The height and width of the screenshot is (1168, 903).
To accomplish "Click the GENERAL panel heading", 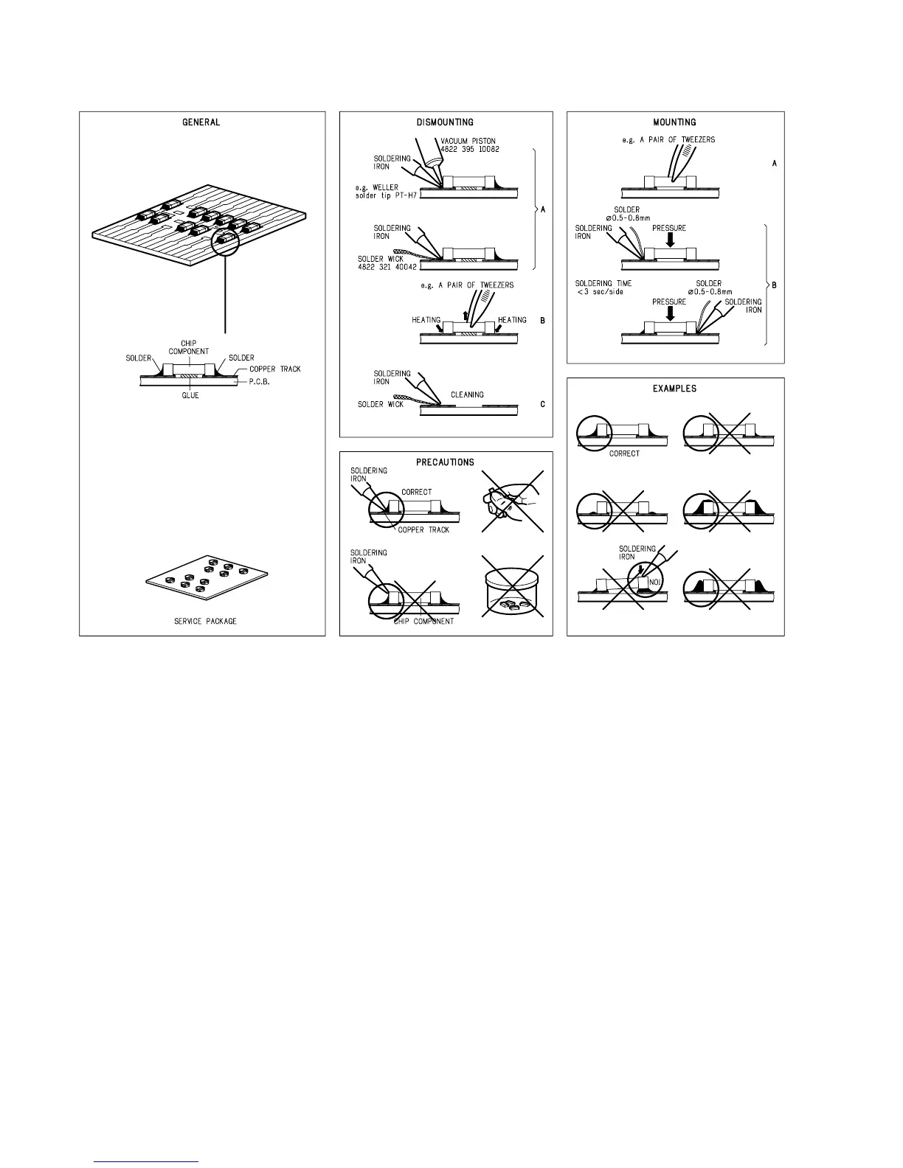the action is click(x=201, y=122).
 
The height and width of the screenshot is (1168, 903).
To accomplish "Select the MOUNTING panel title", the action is click(x=675, y=122).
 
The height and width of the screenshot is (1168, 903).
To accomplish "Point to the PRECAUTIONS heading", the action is click(x=446, y=462).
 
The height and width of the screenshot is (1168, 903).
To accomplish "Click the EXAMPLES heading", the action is click(x=675, y=389).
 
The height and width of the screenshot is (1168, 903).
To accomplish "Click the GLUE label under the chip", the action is click(x=190, y=395).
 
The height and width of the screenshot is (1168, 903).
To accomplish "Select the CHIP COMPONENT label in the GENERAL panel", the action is click(x=189, y=347).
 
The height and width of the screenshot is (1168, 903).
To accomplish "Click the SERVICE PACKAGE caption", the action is click(x=206, y=621).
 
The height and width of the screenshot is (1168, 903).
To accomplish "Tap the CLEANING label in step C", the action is click(x=467, y=394).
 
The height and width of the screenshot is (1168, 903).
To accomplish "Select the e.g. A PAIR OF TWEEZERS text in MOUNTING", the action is click(x=668, y=139).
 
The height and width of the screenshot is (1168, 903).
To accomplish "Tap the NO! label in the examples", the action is click(x=654, y=582).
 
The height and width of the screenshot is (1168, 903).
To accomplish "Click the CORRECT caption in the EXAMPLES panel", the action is click(x=624, y=453).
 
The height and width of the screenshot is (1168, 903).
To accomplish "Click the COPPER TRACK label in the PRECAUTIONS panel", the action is click(x=423, y=529).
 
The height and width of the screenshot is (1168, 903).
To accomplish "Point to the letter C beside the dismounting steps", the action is click(x=543, y=404).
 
